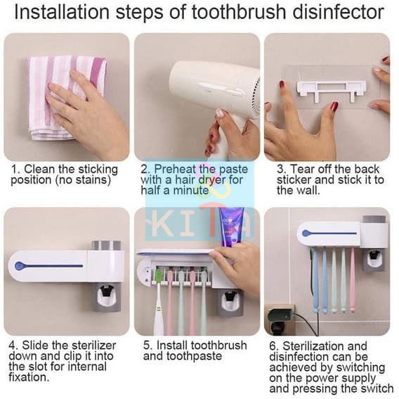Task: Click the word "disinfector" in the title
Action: pos(338,12)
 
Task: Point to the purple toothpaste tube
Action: pos(231,226)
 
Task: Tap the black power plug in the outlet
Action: pos(280,319)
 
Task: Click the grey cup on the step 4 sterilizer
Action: pos(106,245)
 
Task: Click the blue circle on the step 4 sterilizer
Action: pos(20,266)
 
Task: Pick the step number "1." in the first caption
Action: pos(15,169)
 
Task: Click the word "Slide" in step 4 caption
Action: pos(35,346)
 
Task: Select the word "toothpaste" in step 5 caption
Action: pos(194,356)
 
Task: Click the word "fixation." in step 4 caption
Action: pos(29,377)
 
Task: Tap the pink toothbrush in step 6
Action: pos(352,280)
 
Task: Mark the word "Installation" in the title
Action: pos(62,12)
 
